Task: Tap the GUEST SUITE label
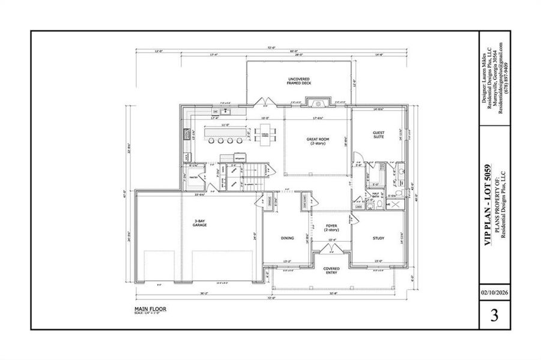pyautogui.click(x=378, y=135)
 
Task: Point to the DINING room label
pyautogui.click(x=287, y=238)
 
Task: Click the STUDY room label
pyautogui.click(x=378, y=238)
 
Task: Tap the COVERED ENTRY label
pyautogui.click(x=331, y=270)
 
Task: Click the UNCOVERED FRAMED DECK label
pyautogui.click(x=298, y=82)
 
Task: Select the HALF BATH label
pyautogui.click(x=377, y=195)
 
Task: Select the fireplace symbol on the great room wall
pyautogui.click(x=318, y=103)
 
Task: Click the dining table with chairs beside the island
pyautogui.click(x=265, y=135)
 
